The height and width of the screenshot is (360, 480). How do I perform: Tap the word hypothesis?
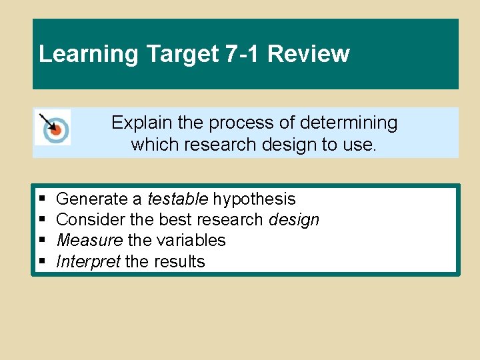pyautogui.click(x=254, y=199)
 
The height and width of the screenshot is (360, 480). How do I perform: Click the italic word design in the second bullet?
pyautogui.click(x=293, y=220)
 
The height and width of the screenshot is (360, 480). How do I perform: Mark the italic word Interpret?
pyautogui.click(x=88, y=261)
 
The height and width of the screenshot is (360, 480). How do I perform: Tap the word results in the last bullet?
pyautogui.click(x=179, y=261)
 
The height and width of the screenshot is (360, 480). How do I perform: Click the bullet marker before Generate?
pyautogui.click(x=43, y=199)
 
